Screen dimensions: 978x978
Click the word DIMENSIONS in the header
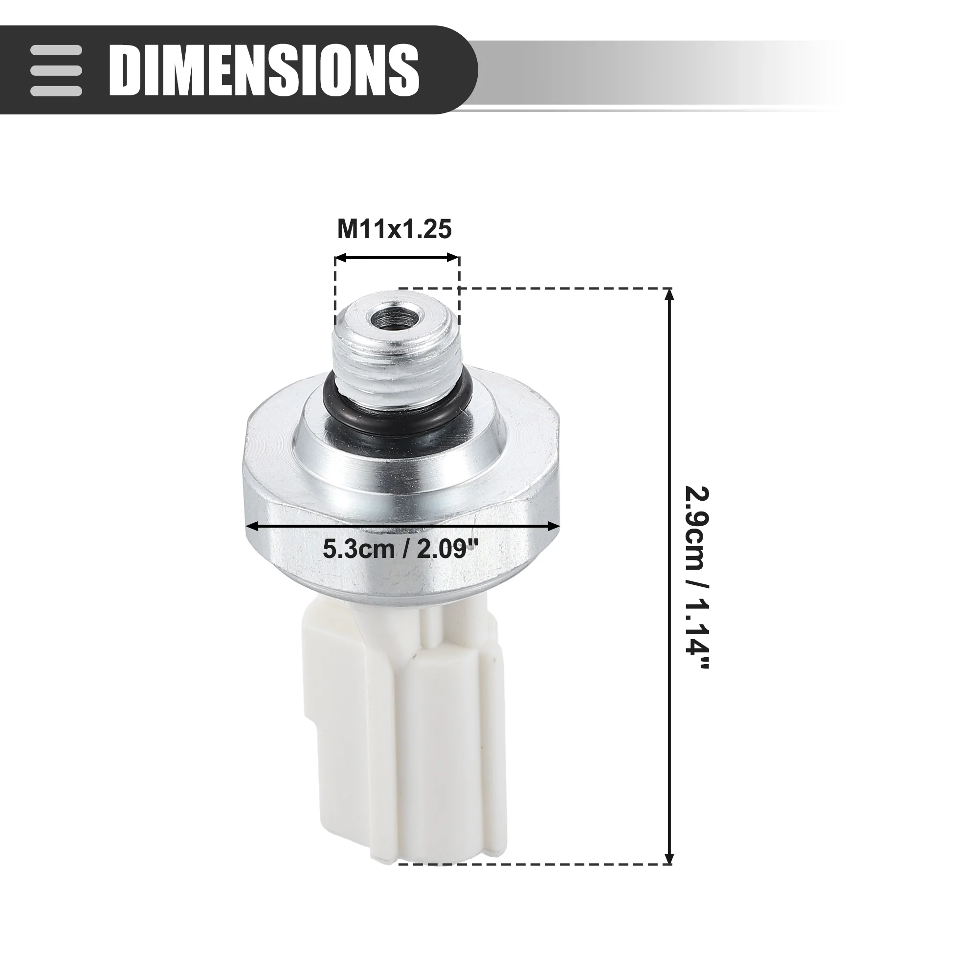click(x=264, y=70)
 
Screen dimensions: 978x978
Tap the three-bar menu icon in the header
click(x=56, y=70)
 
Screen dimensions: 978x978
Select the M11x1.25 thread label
click(x=394, y=229)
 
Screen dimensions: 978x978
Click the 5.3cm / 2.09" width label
click(x=401, y=549)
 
